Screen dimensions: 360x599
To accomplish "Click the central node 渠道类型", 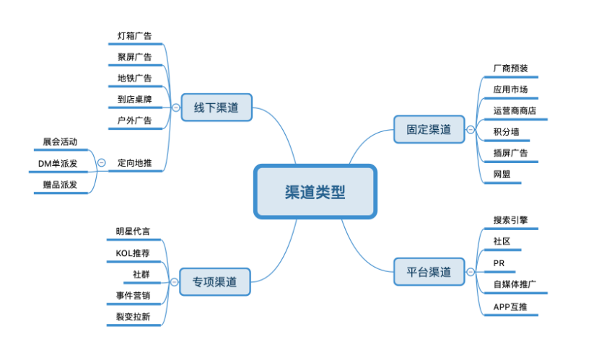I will (315, 191).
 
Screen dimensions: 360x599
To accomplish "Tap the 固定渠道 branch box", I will (429, 129).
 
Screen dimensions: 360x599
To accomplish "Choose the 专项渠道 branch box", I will (215, 281).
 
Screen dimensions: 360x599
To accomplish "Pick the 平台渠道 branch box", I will (429, 272).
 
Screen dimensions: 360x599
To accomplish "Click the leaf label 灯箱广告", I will (135, 35).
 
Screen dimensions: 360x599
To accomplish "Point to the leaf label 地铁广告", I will (135, 78).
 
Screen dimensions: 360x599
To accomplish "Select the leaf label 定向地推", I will (135, 163).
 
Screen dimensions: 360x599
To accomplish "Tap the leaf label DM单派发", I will (58, 164).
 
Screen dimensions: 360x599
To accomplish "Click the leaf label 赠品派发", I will (58, 185).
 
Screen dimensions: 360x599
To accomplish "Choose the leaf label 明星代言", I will (134, 232).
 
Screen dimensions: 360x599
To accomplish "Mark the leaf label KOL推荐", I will (134, 253).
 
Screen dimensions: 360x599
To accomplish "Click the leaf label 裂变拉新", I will (134, 317).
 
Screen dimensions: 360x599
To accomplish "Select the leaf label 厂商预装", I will (510, 69).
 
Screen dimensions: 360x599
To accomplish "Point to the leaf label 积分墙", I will (506, 131).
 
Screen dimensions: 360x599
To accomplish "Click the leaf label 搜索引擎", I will (511, 219).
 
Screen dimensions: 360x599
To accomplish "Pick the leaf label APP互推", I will (511, 307).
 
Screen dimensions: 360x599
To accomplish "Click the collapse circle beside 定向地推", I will (101, 163).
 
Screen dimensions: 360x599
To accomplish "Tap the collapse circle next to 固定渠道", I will (471, 130).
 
